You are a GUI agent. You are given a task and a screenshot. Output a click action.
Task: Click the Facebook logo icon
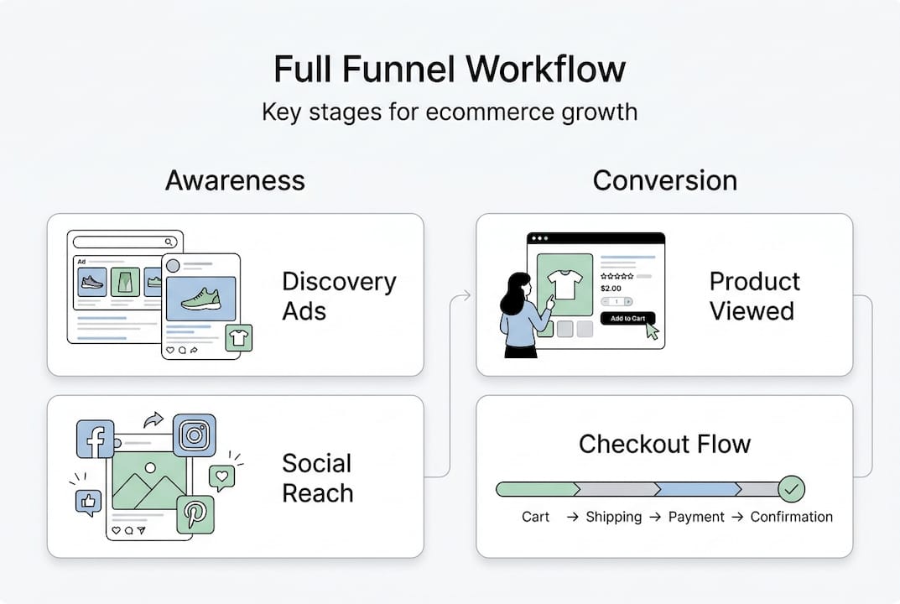point(95,439)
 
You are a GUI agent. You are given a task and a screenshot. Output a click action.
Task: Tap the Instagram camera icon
point(195,435)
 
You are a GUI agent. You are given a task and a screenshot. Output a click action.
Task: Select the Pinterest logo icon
point(195,514)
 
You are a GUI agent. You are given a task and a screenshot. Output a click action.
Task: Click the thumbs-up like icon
point(88,502)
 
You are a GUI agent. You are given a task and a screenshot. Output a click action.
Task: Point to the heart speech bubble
point(222,476)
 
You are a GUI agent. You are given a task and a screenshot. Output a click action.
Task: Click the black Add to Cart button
point(627,318)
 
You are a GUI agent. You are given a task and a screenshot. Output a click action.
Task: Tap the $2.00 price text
point(611,288)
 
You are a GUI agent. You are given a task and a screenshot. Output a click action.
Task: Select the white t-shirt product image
point(564,284)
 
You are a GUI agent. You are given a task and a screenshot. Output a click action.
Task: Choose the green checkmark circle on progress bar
point(790,488)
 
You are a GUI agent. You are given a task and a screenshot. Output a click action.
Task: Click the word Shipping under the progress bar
point(613,517)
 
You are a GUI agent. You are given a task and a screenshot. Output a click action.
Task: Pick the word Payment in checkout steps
point(696,517)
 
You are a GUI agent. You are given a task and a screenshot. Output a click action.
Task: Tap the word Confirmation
point(791,517)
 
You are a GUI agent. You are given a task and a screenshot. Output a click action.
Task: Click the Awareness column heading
point(235,180)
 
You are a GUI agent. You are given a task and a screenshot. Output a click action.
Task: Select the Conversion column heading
point(664,180)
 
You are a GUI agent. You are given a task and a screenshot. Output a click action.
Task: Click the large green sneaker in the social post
point(200,299)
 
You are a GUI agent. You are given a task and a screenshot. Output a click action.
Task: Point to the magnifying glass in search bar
point(170,242)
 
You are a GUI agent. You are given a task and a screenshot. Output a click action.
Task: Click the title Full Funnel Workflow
point(450,69)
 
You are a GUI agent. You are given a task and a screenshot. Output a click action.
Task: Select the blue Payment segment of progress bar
point(696,488)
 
